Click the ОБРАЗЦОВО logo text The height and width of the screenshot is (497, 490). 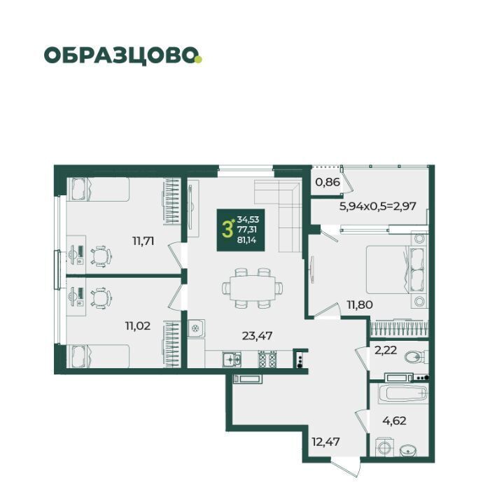click(120, 56)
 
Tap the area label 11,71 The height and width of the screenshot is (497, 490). click(143, 241)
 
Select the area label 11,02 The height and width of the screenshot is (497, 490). click(138, 325)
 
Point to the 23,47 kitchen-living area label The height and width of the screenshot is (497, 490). click(257, 335)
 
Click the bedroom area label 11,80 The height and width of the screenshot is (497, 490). click(360, 305)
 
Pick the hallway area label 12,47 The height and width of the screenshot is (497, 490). click(325, 442)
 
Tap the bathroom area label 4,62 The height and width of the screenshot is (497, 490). click(394, 421)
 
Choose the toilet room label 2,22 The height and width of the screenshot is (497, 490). click(386, 350)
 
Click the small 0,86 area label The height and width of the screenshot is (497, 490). click(328, 182)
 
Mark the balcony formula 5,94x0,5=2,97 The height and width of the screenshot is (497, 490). click(377, 206)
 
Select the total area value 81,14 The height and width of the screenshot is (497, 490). click(246, 240)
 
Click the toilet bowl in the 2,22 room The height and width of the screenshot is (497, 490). click(416, 358)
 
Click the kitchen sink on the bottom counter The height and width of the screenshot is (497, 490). click(232, 359)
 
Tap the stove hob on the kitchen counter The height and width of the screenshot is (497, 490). click(268, 359)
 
